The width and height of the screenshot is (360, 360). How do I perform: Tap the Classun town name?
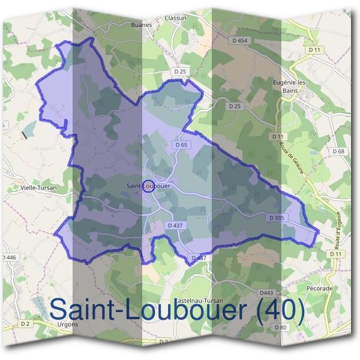tap(176, 19)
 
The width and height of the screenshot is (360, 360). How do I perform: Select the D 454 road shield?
tap(239, 41)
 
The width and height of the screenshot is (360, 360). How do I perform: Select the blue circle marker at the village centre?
tap(150, 185)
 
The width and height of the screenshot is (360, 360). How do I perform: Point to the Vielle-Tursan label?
tap(38, 187)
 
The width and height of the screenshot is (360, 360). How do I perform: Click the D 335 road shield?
tap(277, 218)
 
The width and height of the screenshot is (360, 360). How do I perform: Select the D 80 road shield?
tap(280, 327)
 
